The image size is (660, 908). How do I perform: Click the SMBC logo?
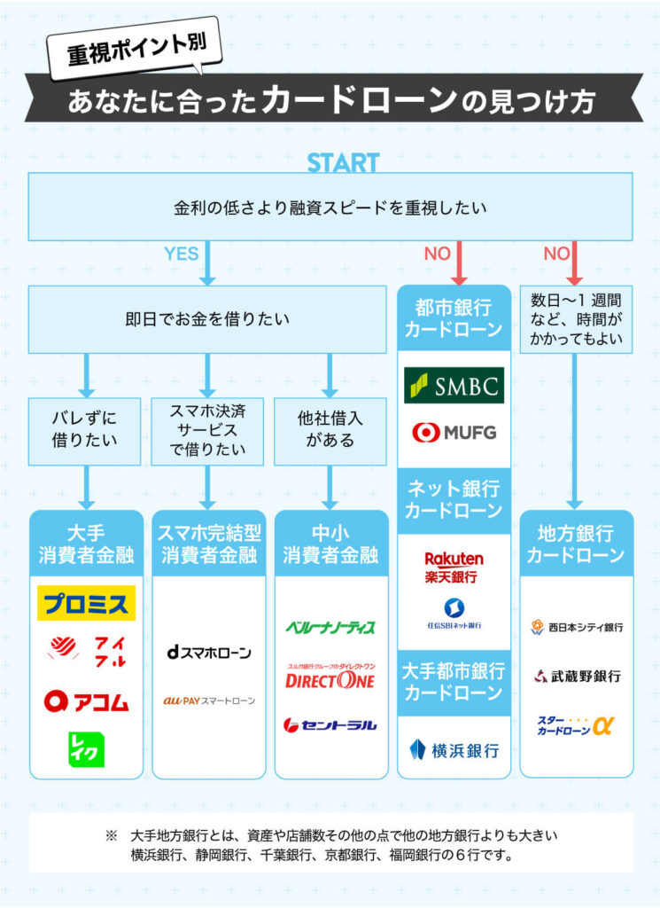tap(454, 386)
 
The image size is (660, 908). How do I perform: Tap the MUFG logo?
tap(454, 433)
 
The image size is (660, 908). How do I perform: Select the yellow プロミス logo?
tap(86, 604)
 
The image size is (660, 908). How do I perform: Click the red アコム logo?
tap(86, 701)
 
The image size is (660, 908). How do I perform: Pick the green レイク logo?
tap(86, 749)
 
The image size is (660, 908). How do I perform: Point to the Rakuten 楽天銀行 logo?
tap(454, 567)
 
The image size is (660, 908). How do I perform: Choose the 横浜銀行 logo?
tap(454, 750)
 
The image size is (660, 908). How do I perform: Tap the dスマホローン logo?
tap(208, 652)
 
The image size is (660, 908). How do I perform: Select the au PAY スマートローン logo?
tap(208, 701)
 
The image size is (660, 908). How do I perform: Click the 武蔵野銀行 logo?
tap(577, 676)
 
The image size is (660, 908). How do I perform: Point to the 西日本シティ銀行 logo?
tap(577, 627)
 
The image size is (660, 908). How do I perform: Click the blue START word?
tap(343, 163)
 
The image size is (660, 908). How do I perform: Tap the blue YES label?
tap(181, 254)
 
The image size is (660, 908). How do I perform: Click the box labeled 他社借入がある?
tap(330, 429)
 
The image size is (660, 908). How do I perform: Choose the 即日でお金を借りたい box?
tap(207, 319)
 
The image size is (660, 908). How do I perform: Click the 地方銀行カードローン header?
tap(577, 544)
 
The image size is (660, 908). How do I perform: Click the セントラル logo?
tap(330, 724)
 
